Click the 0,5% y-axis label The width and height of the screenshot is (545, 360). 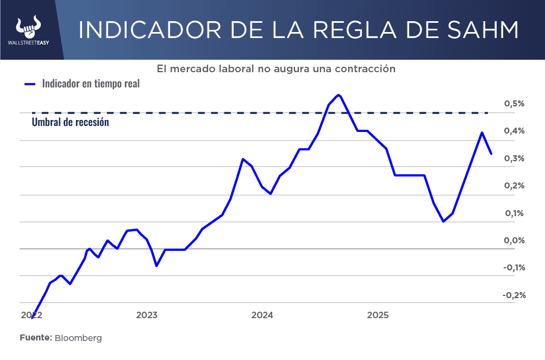514,104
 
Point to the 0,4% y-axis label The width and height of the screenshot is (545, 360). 514,131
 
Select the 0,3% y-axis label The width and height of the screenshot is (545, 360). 514,159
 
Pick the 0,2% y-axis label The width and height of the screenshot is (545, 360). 514,186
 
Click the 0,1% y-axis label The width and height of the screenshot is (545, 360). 514,213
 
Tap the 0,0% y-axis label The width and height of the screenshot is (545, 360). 514,241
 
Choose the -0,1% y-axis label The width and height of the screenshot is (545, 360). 513,267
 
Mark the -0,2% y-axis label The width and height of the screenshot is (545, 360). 513,295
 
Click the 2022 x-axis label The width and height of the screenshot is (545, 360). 32,315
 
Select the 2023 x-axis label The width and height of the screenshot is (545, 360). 147,315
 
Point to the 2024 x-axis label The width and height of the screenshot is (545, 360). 262,315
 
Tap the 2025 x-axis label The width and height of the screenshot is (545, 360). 378,315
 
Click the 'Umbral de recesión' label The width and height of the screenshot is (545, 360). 70,122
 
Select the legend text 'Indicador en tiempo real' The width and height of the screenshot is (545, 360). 91,84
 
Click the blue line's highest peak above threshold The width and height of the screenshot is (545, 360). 339,95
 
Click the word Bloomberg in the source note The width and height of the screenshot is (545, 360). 78,338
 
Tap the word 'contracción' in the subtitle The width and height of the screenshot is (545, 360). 365,69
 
